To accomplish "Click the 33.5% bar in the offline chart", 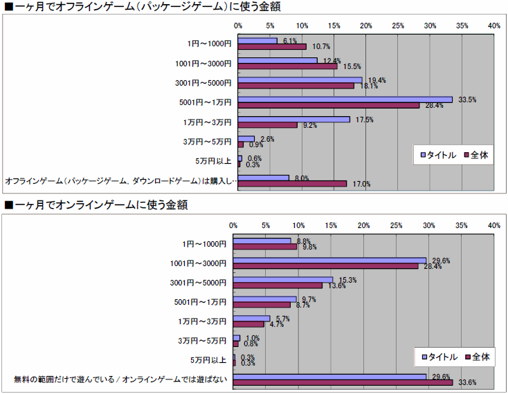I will pos(345,100).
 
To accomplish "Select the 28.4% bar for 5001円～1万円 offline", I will pos(329,105).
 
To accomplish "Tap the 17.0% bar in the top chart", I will pos(292,184).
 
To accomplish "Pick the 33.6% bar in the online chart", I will pos(343,382).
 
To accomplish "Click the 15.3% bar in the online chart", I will pos(282,280).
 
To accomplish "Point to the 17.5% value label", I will pos(365,120).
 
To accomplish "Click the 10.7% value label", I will pos(320,47).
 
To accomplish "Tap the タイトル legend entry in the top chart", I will pos(438,155).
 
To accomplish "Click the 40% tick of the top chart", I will pos(493,26).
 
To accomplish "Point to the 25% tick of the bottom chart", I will pos(396,226).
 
